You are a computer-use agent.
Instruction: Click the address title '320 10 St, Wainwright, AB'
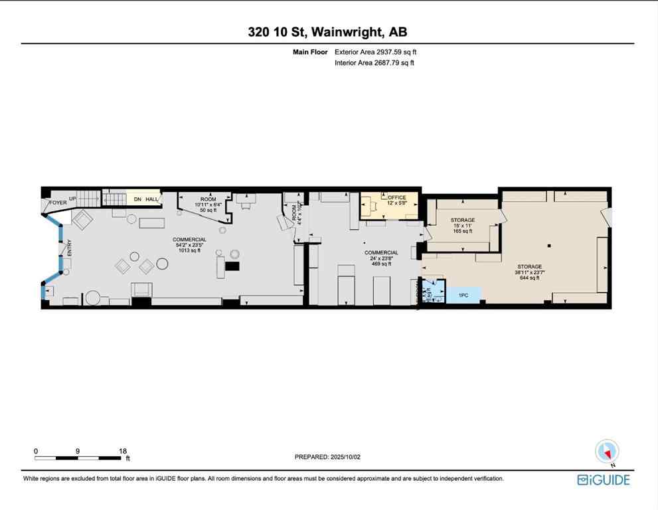pos(328,33)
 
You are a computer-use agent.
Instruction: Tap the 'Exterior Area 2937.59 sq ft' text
pos(376,52)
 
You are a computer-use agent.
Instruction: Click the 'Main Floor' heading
pos(311,52)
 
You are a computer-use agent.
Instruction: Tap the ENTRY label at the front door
pos(69,248)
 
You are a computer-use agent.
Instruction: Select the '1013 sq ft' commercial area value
pos(190,250)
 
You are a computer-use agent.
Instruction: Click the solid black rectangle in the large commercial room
pos(232,266)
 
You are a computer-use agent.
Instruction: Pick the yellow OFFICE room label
pos(397,197)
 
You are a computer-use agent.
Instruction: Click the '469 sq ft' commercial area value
pos(381,264)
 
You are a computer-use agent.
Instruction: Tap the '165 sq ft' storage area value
pos(462,232)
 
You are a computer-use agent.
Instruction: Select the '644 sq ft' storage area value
pos(529,278)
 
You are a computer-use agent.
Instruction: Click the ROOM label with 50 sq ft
pos(208,199)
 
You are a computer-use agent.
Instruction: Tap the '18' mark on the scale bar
pos(123,450)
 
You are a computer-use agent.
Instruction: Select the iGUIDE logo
pos(603,479)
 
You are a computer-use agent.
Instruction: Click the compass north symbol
pos(607,452)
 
